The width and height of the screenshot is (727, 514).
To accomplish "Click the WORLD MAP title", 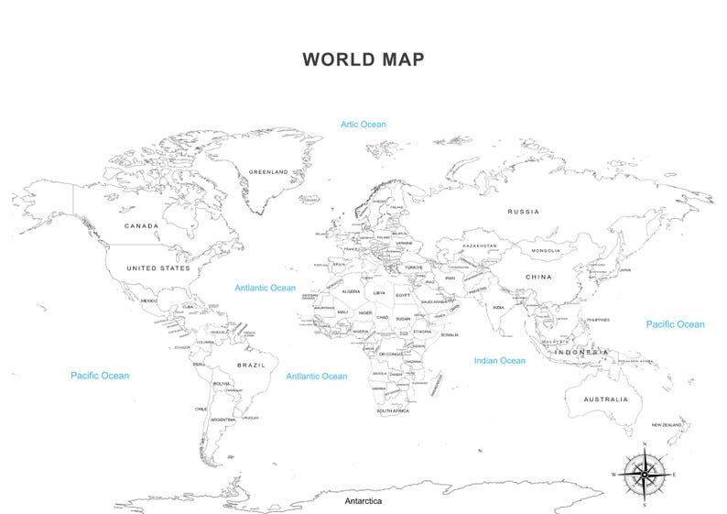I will click(x=363, y=60).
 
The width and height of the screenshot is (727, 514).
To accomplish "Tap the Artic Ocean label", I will click(x=363, y=125).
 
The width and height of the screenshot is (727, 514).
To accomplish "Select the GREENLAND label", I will click(x=268, y=171).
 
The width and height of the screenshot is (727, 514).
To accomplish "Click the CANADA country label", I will click(x=141, y=225).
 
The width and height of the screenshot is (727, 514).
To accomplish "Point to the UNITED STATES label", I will click(x=158, y=268).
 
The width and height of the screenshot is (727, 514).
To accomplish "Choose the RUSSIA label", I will click(x=523, y=212).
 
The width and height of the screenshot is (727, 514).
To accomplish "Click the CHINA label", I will click(x=538, y=276).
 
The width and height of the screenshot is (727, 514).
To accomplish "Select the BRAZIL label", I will click(x=251, y=365).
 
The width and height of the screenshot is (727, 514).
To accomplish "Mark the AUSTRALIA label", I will click(x=606, y=399).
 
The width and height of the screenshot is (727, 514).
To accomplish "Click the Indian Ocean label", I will click(x=500, y=361).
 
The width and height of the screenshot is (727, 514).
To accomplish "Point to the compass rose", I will click(x=645, y=474).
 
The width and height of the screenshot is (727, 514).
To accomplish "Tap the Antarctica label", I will click(x=363, y=502).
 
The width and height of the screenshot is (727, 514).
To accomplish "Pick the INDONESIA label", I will click(x=581, y=352).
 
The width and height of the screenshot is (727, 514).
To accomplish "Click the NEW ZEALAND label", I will click(x=667, y=425).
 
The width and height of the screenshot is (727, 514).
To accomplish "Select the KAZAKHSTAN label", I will click(x=480, y=246).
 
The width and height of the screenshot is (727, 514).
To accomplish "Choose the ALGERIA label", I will click(x=351, y=291).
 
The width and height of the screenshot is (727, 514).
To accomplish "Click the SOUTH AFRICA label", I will click(x=392, y=411).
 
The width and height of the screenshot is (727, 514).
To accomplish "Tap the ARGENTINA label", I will click(x=223, y=420).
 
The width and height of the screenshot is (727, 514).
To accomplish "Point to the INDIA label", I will click(x=498, y=308).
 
